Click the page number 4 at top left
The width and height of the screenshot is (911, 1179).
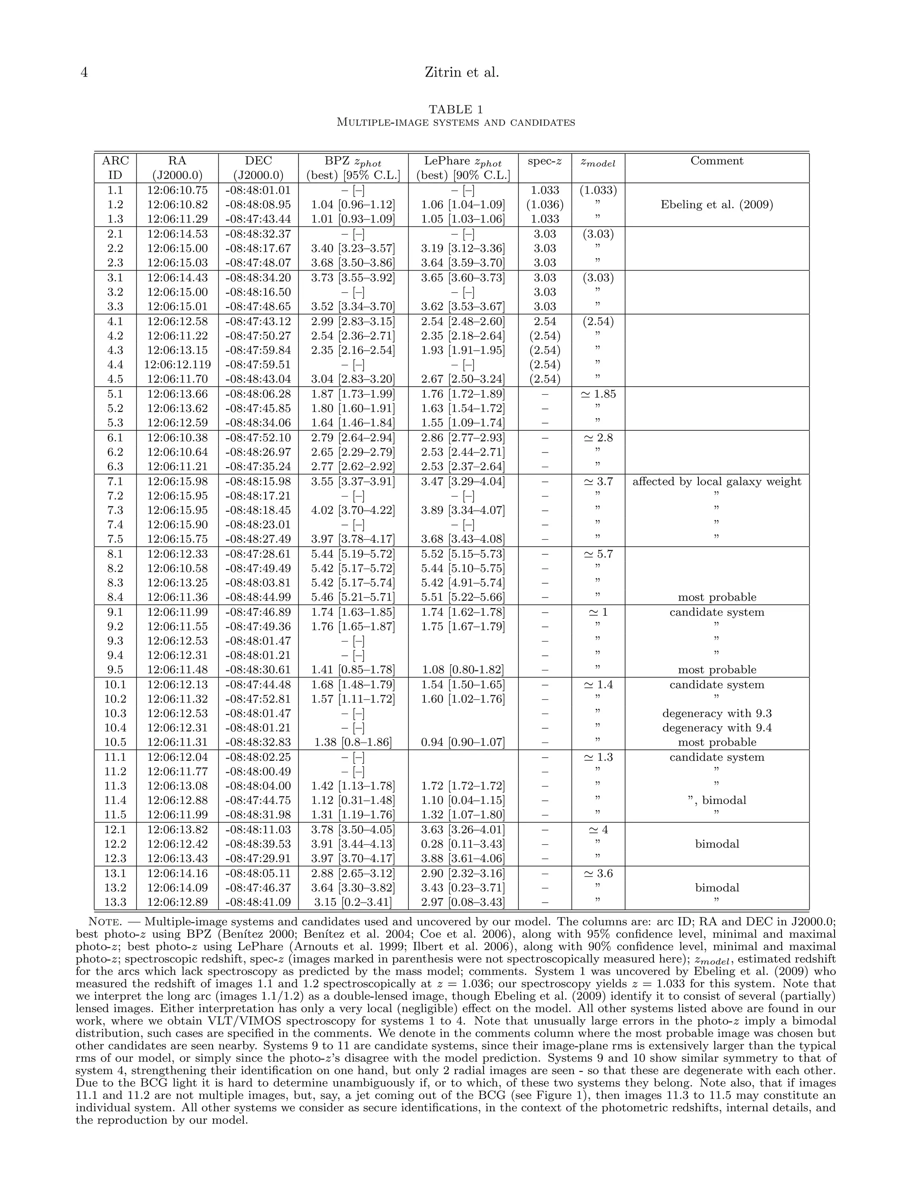tap(84, 73)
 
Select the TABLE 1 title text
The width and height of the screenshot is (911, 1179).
tap(455, 109)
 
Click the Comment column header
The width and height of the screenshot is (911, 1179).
tap(717, 161)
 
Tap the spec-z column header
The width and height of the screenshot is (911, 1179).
tap(544, 161)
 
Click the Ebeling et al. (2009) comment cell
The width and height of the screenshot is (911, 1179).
tap(717, 205)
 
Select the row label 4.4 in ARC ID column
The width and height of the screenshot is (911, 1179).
tap(115, 364)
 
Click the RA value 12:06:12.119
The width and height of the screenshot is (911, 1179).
tap(177, 364)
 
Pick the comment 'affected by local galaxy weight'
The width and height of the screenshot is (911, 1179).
tap(717, 481)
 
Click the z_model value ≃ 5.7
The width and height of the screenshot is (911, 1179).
tap(597, 554)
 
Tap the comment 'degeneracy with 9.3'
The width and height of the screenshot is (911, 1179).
tap(717, 713)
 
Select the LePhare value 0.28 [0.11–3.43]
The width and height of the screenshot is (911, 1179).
tap(463, 844)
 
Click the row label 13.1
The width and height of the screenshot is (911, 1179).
tap(115, 873)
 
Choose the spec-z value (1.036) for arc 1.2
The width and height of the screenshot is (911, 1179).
tap(544, 205)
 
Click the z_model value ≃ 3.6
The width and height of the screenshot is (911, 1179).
tap(597, 873)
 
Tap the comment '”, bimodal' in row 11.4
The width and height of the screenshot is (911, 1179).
tap(717, 800)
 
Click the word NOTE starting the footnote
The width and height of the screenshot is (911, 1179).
tap(103, 921)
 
